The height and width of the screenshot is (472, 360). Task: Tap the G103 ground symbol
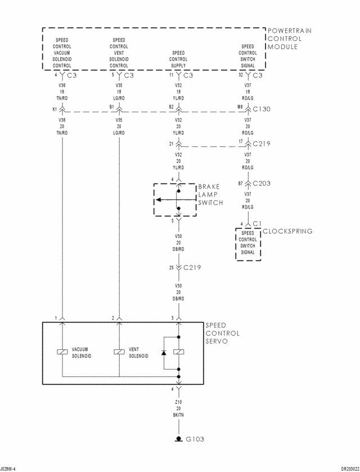[x=179, y=439]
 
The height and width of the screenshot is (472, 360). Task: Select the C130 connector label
[x=262, y=109]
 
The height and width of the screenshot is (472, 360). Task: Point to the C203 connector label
[x=262, y=183]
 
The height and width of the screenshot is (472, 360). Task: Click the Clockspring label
[x=288, y=231]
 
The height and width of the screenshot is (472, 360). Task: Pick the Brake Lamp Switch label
[x=210, y=195]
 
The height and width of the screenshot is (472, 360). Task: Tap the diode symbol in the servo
[x=164, y=352]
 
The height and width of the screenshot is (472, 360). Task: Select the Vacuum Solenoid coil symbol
[x=62, y=352]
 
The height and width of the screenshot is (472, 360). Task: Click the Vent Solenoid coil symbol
[x=119, y=352]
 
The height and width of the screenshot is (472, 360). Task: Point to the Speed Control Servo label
[x=222, y=333]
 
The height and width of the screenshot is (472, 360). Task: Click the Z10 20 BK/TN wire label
[x=178, y=408]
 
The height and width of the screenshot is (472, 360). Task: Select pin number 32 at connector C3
[x=241, y=75]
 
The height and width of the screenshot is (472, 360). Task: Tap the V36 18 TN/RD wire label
[x=62, y=92]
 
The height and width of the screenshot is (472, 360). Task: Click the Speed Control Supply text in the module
[x=178, y=59]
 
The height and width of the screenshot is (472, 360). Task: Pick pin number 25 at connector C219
[x=171, y=267]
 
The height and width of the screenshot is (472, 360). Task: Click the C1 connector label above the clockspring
[x=258, y=224]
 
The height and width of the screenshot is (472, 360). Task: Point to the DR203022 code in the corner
[x=350, y=469]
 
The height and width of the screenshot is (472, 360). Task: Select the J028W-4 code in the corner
[x=8, y=469]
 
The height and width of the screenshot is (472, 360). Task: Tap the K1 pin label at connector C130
[x=55, y=109]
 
